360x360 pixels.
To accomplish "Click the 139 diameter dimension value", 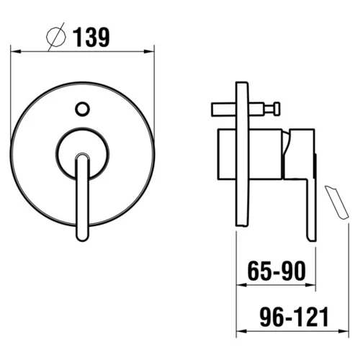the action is (91, 37).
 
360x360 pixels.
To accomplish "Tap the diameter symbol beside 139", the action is (56, 37).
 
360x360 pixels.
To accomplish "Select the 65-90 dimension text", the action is (276, 271).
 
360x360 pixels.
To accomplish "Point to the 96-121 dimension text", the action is (294, 317).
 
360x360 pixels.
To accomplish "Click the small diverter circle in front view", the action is (82, 109).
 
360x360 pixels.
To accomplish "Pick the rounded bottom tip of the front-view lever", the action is (82, 238).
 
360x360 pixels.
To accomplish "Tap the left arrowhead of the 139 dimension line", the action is (16, 51).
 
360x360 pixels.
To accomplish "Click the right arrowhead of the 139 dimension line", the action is (149, 51).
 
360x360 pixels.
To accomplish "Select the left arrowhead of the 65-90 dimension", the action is (242, 285).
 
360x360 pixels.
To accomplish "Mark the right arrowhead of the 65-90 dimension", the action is (310, 285).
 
